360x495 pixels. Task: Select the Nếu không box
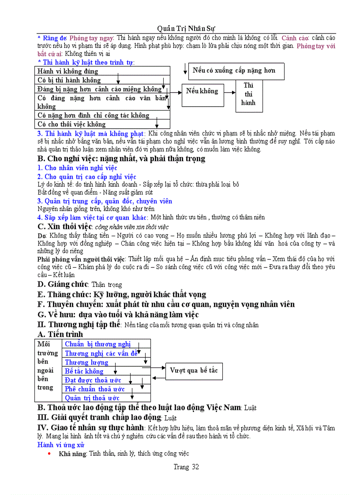coord(202,91)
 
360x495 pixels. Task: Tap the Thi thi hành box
coord(248,94)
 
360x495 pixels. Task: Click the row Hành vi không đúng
coord(102,71)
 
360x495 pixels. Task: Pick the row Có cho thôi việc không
coord(102,124)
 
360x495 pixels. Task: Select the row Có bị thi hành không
coord(102,80)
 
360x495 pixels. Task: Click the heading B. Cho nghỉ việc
coord(121,159)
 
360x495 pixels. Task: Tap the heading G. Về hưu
coord(117,315)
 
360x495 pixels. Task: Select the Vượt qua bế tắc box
coord(194,371)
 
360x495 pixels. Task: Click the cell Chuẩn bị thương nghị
coord(98,344)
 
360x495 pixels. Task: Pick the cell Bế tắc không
coord(84,372)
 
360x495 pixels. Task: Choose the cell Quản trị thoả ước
coord(92,398)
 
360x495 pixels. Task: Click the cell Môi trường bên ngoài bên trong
coord(48,366)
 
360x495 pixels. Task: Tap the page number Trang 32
coord(186,467)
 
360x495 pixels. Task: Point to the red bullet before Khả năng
coord(49,454)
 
